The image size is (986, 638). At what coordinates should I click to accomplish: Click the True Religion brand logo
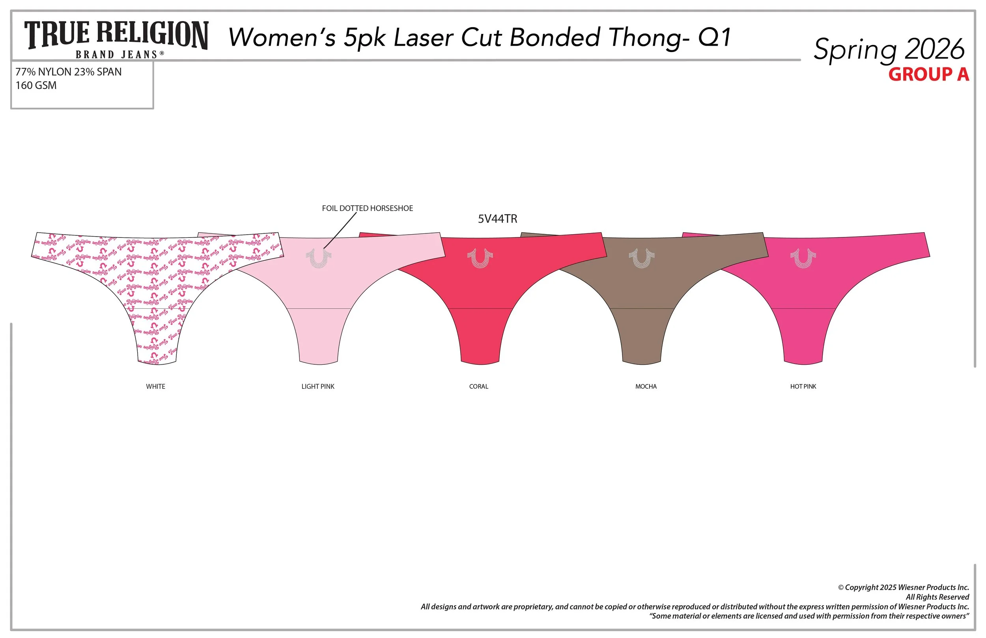[x=116, y=39]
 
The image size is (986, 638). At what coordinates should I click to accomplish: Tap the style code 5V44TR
[x=498, y=219]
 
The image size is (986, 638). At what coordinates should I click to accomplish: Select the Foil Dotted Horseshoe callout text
[x=367, y=208]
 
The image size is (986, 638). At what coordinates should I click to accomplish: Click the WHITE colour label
[x=155, y=386]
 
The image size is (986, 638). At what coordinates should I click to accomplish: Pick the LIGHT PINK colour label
[x=318, y=386]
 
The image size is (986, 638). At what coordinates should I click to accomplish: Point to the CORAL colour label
[x=478, y=386]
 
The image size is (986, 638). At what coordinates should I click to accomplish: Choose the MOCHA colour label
[x=646, y=386]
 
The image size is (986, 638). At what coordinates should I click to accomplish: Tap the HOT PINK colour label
[x=803, y=386]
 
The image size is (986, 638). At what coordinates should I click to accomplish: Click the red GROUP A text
[x=928, y=75]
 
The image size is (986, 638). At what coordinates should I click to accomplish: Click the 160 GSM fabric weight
[x=36, y=85]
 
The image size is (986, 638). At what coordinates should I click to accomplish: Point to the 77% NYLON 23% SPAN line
[x=68, y=72]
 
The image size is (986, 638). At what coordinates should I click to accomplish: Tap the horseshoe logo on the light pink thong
[x=318, y=258]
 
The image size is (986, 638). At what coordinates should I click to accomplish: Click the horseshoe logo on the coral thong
[x=480, y=258]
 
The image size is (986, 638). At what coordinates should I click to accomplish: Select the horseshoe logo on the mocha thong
[x=641, y=258]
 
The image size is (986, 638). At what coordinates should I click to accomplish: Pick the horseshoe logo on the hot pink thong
[x=803, y=258]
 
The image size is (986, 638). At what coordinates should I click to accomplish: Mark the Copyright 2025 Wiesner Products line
[x=903, y=588]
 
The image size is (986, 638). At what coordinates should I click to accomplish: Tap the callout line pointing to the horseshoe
[x=340, y=230]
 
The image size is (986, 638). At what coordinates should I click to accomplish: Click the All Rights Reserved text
[x=937, y=597]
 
